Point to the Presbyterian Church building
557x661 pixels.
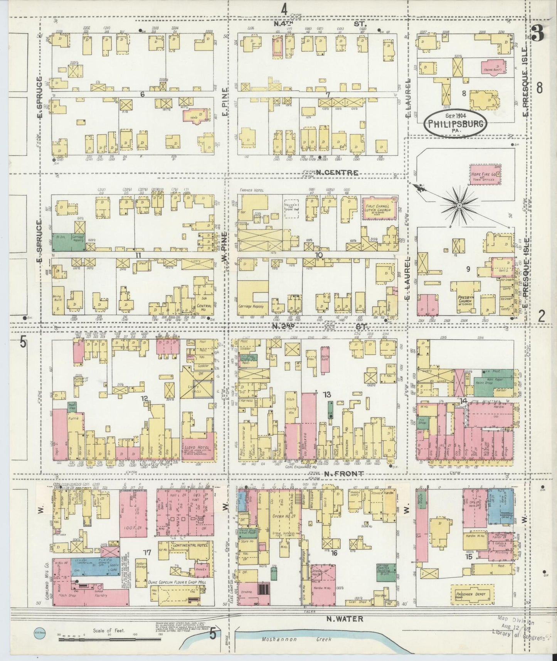[466, 300]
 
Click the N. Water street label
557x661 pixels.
[340, 619]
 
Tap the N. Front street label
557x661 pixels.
[339, 473]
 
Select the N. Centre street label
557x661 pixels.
[337, 173]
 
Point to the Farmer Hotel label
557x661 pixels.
[251, 190]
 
